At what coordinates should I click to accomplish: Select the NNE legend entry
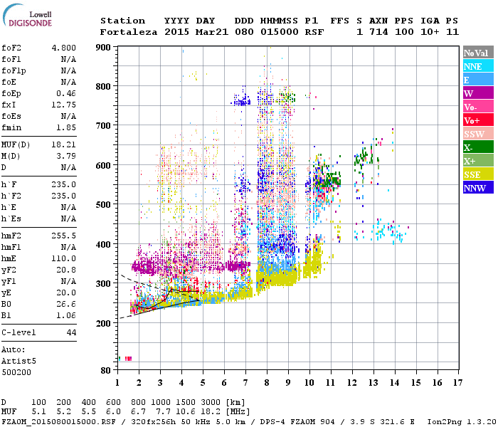(x=478, y=66)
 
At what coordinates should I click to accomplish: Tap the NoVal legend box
(x=478, y=53)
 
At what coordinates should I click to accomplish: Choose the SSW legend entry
(x=478, y=134)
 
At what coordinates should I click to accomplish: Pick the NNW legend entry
(x=478, y=188)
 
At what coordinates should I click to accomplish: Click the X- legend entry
(x=478, y=147)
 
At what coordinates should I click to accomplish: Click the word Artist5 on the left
(x=20, y=361)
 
